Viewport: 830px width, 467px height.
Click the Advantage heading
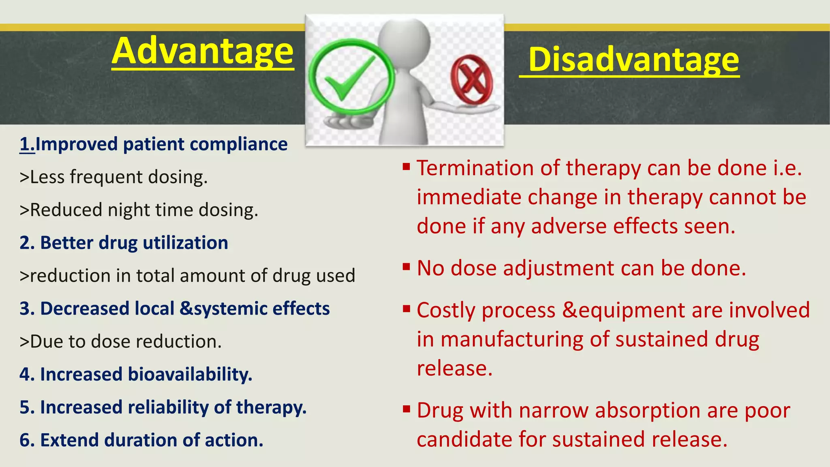click(203, 52)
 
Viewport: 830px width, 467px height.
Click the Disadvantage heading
click(633, 60)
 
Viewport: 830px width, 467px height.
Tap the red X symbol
click(472, 79)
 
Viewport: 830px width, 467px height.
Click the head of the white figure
click(404, 41)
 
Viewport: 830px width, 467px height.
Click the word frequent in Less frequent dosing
click(106, 177)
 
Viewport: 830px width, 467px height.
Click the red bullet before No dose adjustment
click(406, 267)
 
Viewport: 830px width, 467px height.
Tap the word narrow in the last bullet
click(553, 410)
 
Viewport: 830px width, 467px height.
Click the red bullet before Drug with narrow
click(406, 409)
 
